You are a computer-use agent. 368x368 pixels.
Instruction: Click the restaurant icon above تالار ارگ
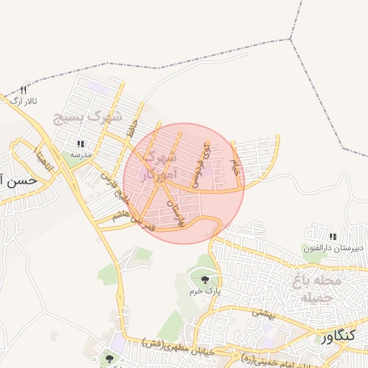24,90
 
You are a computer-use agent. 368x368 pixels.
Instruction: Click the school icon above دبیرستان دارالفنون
332,236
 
